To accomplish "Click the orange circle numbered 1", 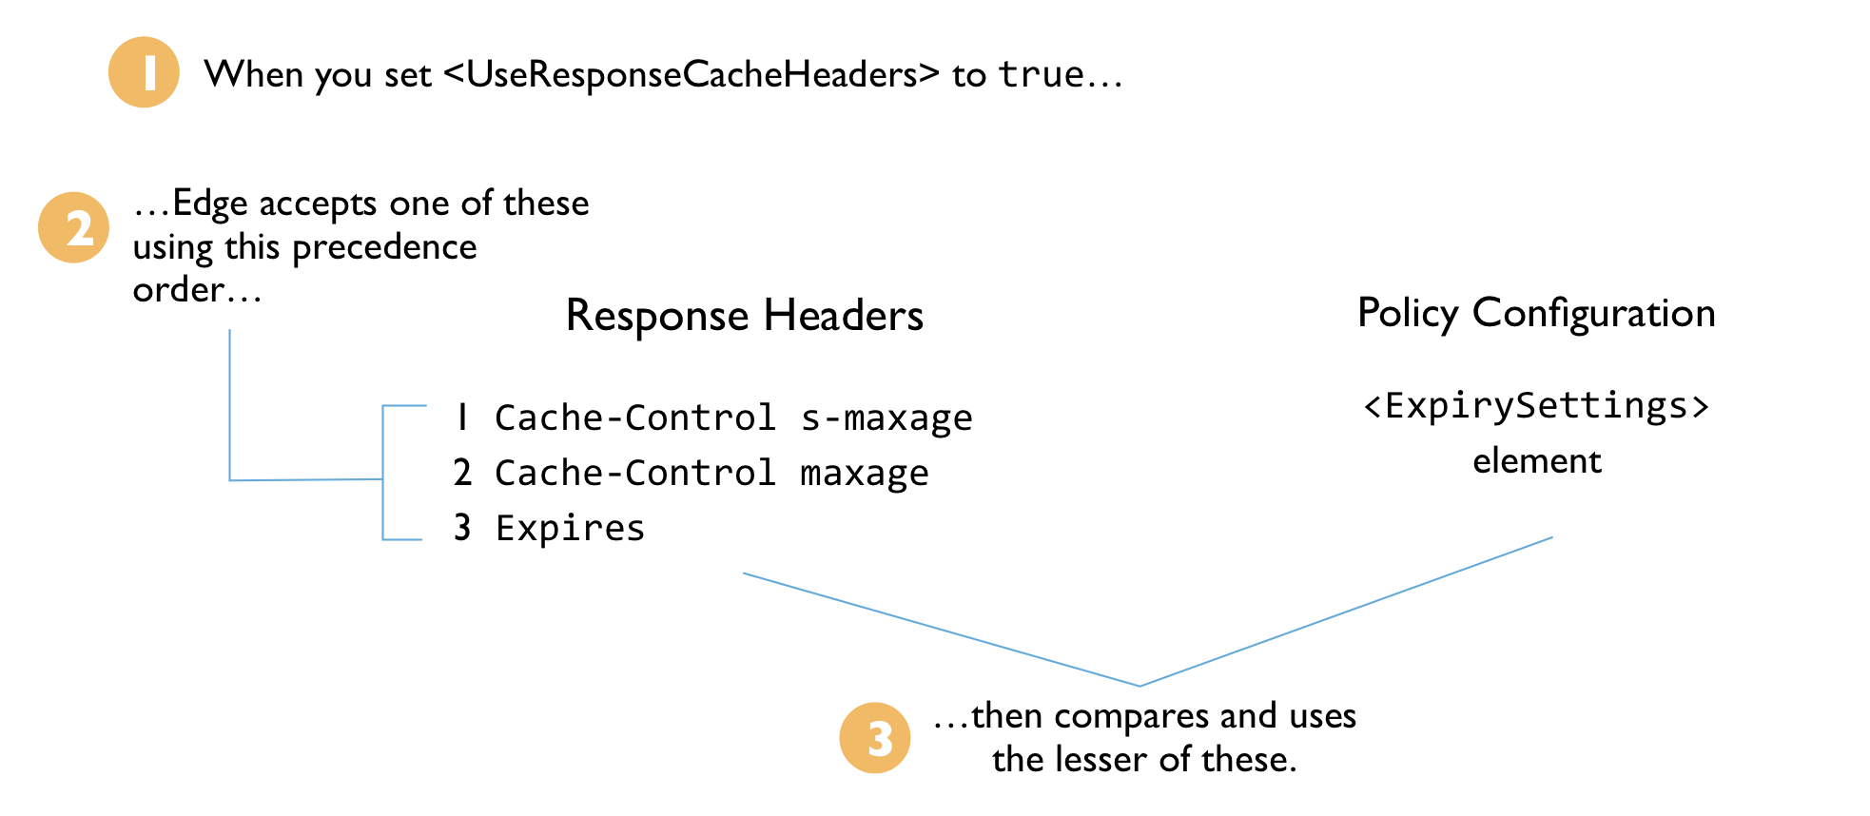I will point(144,72).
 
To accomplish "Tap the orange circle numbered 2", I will point(74,228).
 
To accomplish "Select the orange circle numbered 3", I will point(875,738).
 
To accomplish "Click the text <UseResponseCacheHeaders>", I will point(692,74).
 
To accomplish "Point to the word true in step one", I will point(1042,74).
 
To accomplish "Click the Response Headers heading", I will point(744,316).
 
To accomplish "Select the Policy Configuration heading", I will point(1536,313).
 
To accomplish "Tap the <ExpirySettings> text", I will point(1536,406).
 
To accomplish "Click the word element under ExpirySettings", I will point(1537,461).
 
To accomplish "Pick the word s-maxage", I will point(886,418).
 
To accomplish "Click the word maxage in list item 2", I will point(864,474).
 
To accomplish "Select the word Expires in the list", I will point(570,528).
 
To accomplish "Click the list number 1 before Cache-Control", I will point(462,418).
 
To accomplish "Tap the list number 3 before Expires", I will point(462,527).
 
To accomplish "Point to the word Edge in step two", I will point(209,204).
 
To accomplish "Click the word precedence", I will point(384,247).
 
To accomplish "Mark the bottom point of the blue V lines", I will point(1140,685).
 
